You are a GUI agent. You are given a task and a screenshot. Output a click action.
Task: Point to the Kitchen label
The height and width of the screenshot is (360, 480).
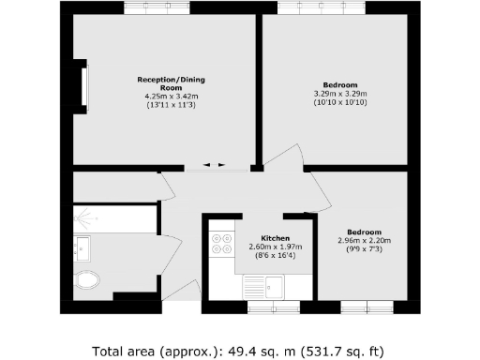(x=275, y=238)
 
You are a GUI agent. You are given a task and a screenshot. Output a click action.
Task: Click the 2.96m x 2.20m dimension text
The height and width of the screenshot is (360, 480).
(x=365, y=240)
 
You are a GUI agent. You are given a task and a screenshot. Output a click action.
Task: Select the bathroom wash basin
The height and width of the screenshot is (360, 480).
(x=82, y=248)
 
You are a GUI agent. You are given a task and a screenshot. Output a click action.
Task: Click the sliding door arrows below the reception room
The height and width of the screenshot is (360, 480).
(x=217, y=166)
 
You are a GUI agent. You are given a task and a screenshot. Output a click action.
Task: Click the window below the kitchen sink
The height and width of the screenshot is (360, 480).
(x=274, y=307)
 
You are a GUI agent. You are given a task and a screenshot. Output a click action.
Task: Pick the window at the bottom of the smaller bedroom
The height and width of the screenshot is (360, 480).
(x=367, y=307)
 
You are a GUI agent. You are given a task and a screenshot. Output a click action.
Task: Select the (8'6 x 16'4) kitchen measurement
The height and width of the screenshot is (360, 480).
(x=275, y=255)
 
